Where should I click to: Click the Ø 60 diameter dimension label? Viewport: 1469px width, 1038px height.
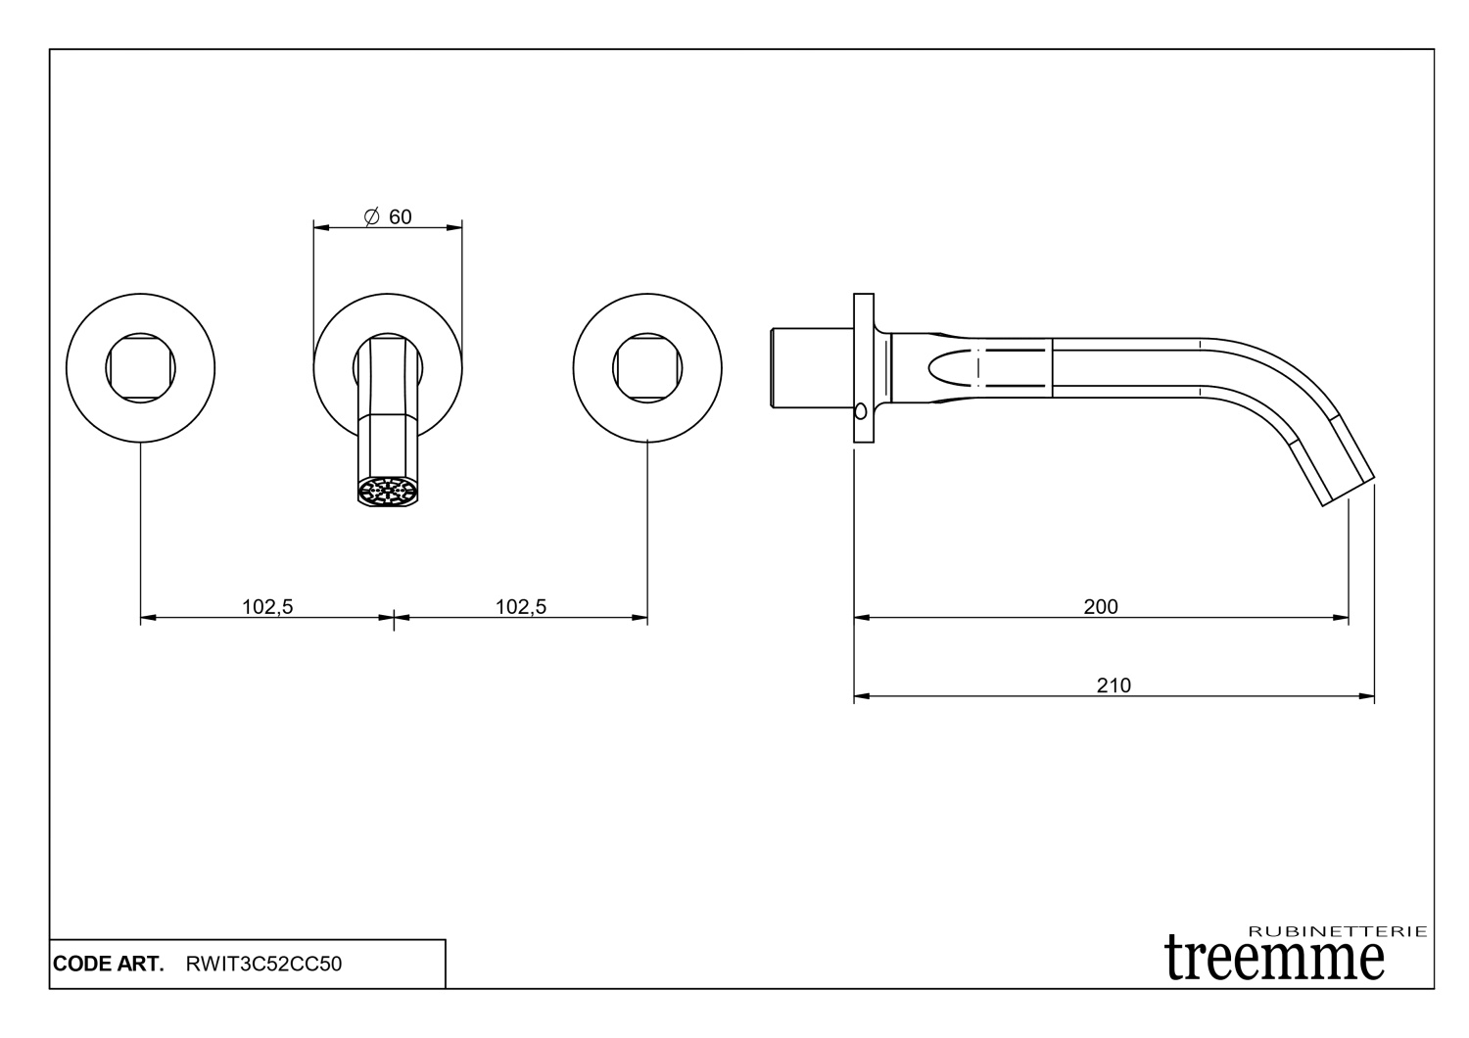pos(388,217)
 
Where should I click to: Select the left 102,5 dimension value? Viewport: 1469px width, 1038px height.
pos(267,607)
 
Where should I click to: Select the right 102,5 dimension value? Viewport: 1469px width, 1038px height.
pos(521,607)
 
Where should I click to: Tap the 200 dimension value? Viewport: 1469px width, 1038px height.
pos(1101,607)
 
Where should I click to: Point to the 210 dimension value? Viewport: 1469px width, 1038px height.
pos(1114,685)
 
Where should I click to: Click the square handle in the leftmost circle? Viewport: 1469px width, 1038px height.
pos(141,368)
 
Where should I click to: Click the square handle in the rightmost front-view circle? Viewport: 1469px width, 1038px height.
pos(647,368)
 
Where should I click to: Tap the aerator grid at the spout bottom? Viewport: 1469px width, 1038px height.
pos(388,492)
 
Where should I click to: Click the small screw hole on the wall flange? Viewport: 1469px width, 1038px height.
pos(860,410)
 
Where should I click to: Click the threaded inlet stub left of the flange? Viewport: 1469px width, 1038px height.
pos(810,368)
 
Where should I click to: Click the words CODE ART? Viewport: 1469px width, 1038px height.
pos(109,964)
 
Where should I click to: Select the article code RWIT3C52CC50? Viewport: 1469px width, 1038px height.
pos(263,964)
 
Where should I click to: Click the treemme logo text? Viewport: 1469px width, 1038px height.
pos(1274,957)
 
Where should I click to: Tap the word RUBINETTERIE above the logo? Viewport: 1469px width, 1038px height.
pos(1339,931)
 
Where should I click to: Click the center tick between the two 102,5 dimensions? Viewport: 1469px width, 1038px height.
pos(394,618)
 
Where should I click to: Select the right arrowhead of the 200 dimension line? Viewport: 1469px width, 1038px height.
pos(1343,618)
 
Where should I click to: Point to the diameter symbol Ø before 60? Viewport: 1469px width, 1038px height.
pos(371,217)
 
